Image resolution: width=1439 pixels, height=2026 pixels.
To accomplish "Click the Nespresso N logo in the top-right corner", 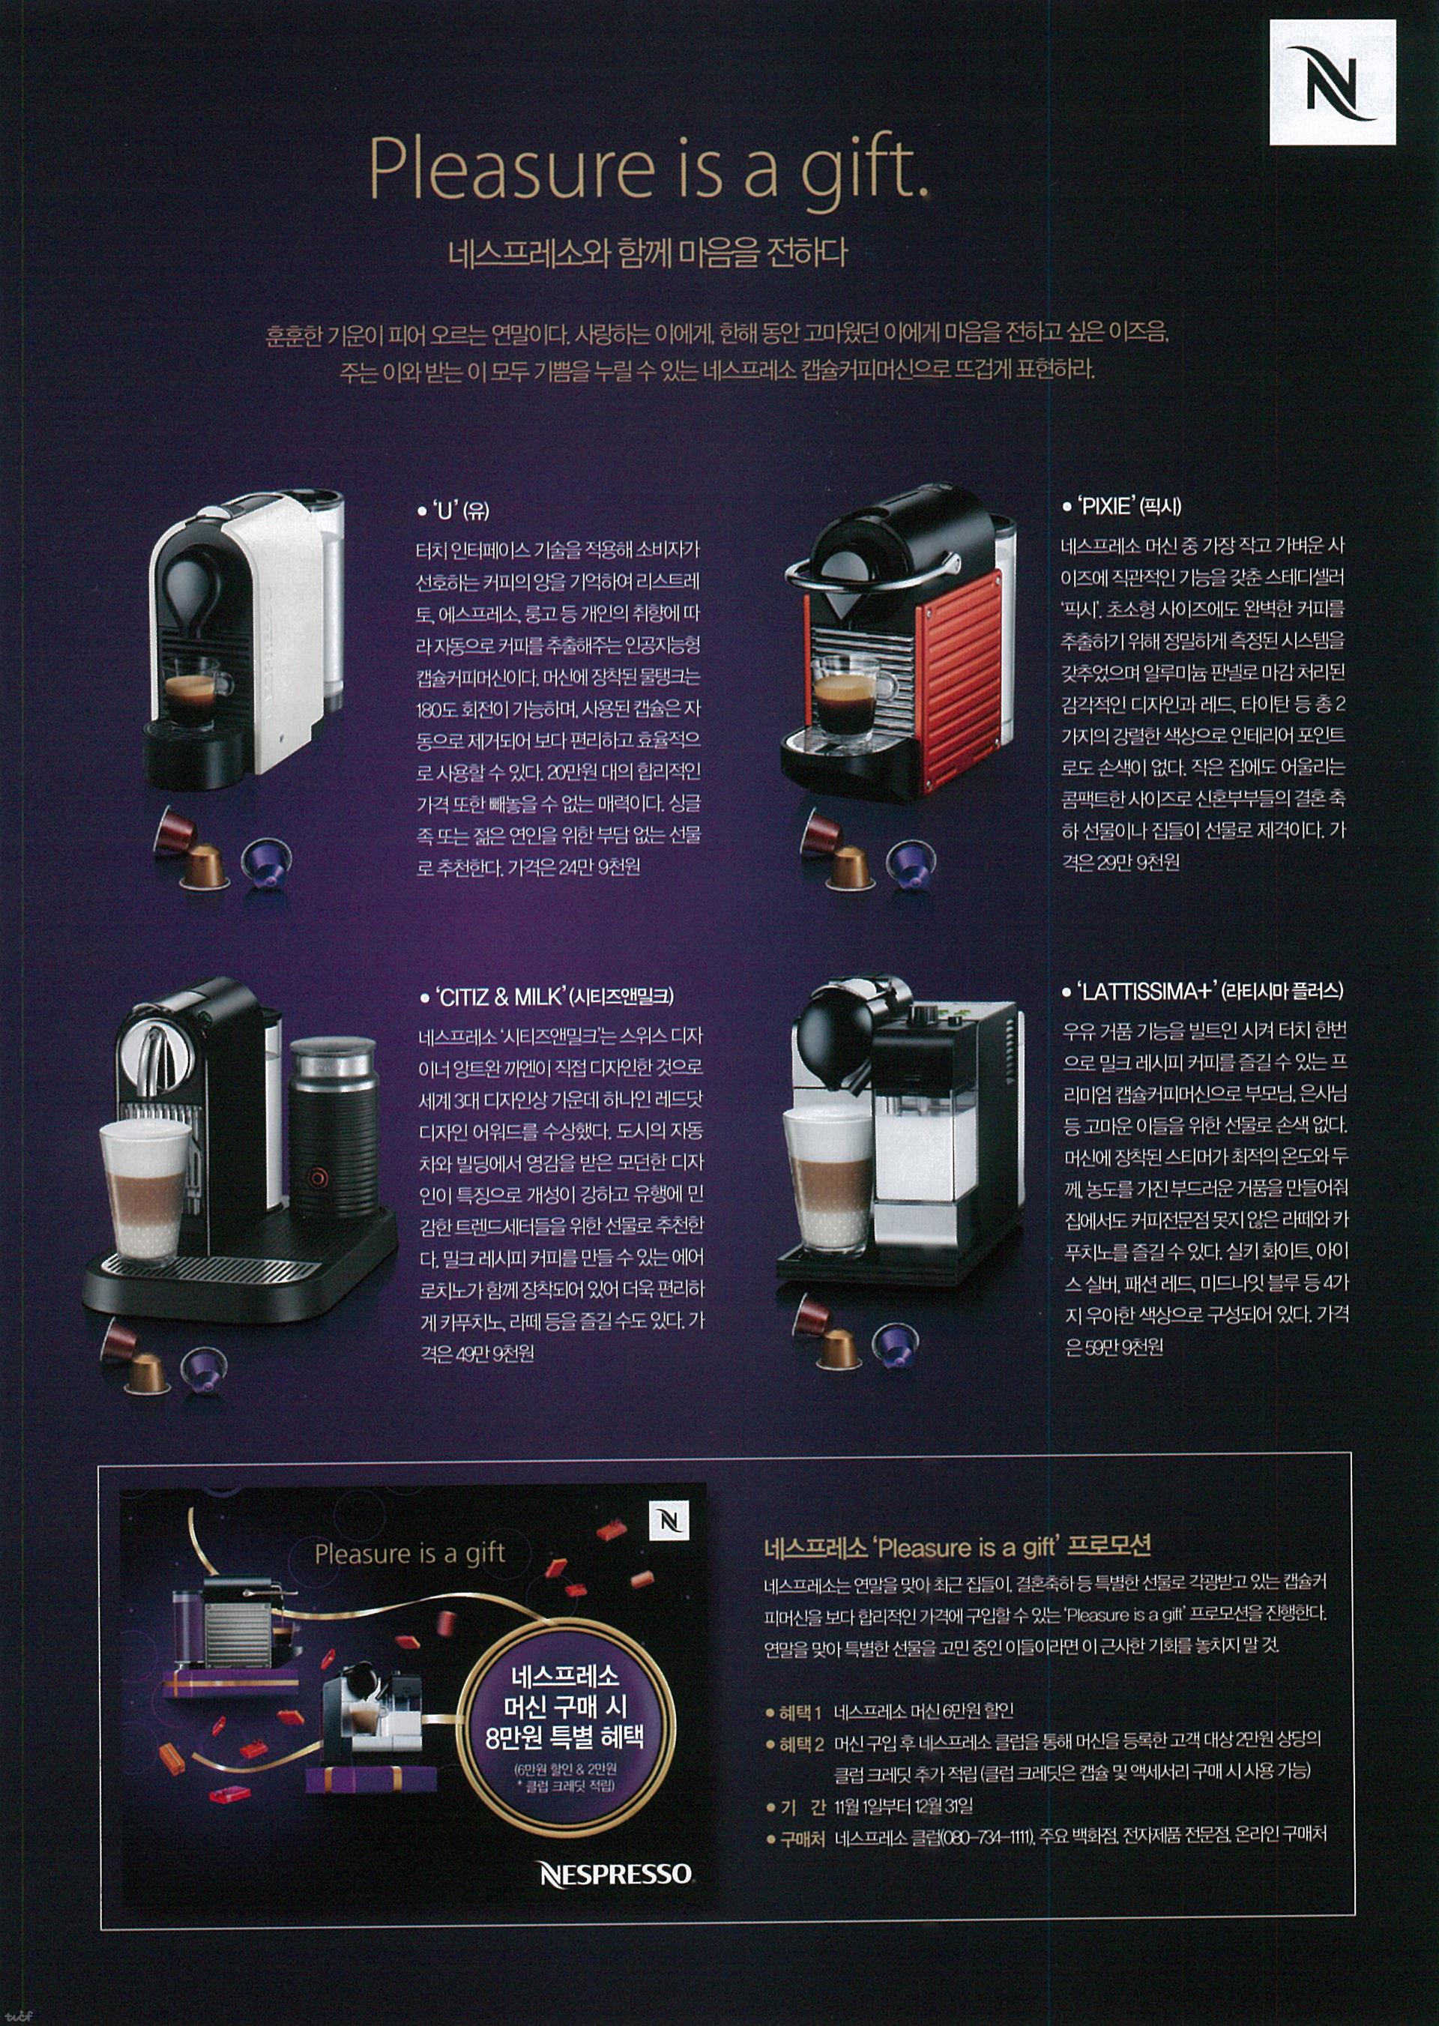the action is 1332,82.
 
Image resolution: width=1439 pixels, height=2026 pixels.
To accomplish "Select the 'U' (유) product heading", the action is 453,510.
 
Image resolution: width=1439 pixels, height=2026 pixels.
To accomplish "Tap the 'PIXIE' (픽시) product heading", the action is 1121,506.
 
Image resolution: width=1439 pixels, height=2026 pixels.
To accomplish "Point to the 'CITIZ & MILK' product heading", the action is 546,997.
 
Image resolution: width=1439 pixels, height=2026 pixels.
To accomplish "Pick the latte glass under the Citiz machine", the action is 145,1189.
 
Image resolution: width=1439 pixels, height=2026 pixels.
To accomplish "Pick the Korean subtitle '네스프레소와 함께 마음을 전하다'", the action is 648,253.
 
